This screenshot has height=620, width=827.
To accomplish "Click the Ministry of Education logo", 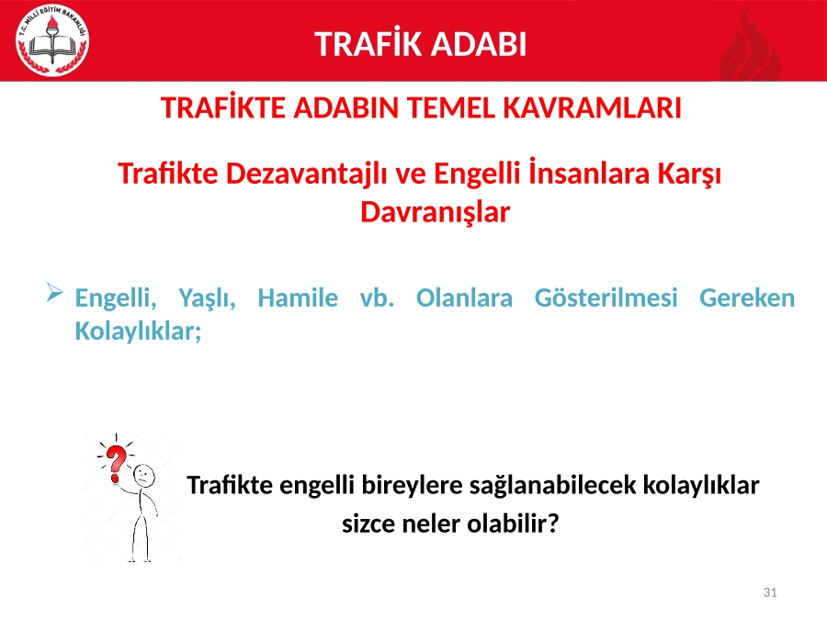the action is click(52, 40).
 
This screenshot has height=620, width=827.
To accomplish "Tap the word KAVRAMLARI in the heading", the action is click(592, 107).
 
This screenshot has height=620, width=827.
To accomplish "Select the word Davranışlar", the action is click(436, 212).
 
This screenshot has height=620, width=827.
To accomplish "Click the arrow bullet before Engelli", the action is click(54, 292).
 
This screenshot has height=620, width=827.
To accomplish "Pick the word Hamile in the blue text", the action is click(298, 298).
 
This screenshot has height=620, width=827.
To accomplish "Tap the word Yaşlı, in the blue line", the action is click(207, 299).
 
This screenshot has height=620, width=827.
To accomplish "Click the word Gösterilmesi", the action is click(606, 298).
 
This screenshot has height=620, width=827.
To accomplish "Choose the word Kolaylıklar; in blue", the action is click(138, 332).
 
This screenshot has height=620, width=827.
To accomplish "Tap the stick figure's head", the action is click(144, 476).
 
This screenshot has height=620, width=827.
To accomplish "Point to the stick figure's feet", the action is click(140, 558).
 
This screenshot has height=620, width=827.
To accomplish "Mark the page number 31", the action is click(770, 592).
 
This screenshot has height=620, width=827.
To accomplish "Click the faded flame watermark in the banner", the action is click(750, 47).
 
